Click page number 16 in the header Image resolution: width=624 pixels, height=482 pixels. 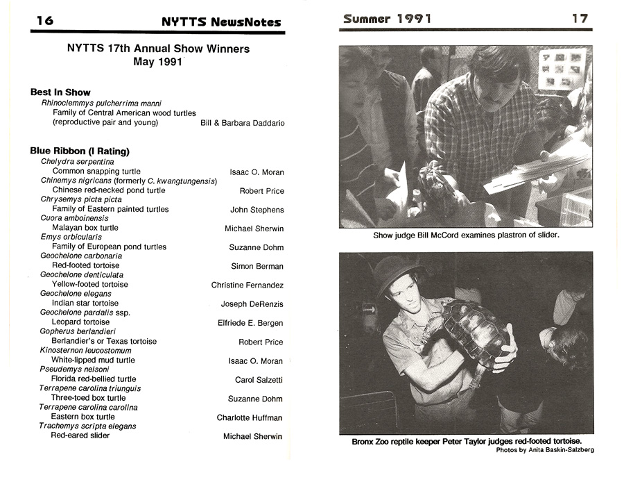(x=44, y=21)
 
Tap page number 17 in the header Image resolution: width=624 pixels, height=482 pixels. (x=580, y=19)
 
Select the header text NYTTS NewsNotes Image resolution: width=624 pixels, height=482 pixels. (x=221, y=22)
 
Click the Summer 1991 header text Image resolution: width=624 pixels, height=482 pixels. (x=387, y=19)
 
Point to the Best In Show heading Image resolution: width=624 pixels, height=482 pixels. (x=60, y=92)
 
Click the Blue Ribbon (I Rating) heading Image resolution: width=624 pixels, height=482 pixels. (x=80, y=151)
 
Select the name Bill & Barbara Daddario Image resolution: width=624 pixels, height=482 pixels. (x=242, y=123)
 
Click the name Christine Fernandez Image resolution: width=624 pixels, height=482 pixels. (x=248, y=285)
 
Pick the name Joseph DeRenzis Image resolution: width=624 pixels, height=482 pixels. (x=252, y=304)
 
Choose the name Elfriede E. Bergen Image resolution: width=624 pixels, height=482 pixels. (x=250, y=323)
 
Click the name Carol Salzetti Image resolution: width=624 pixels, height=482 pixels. (x=259, y=380)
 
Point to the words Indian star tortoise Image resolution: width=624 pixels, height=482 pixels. (x=85, y=304)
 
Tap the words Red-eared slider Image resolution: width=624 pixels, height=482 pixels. (x=80, y=435)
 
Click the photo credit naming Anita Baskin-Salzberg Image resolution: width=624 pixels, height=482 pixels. (x=545, y=450)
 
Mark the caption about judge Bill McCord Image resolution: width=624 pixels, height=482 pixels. (x=466, y=235)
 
